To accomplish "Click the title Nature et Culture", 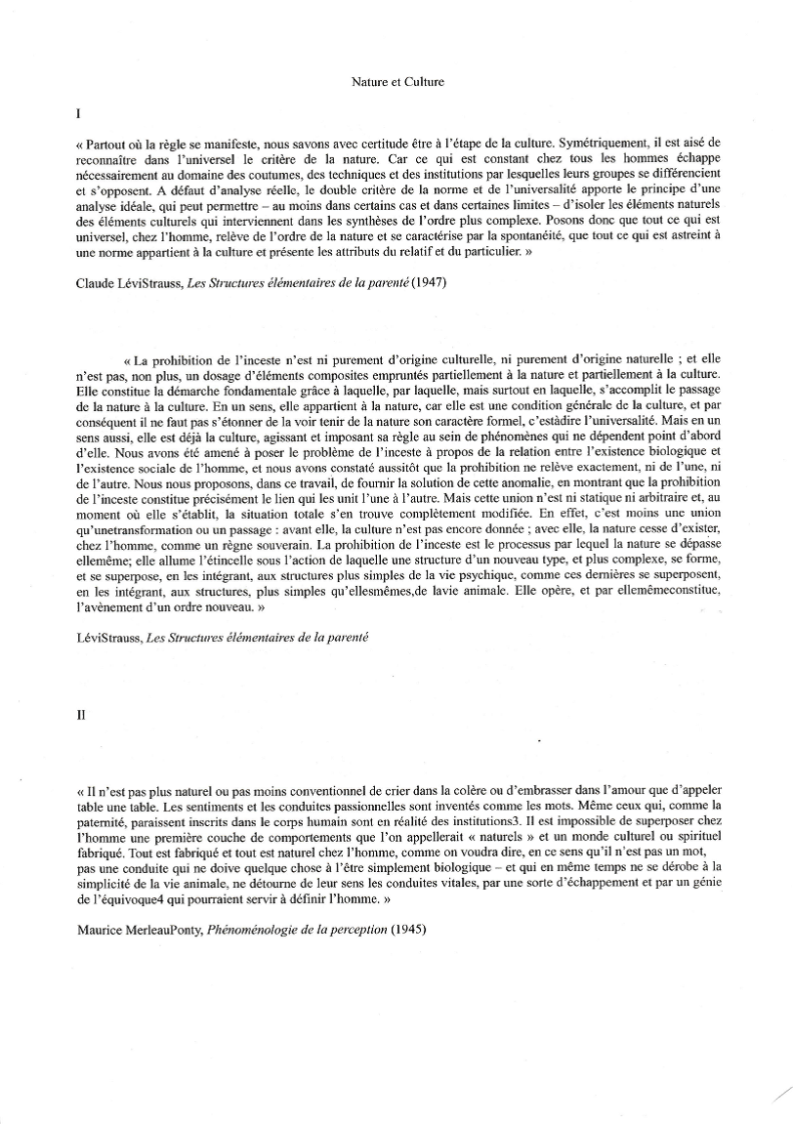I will (x=397, y=82).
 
